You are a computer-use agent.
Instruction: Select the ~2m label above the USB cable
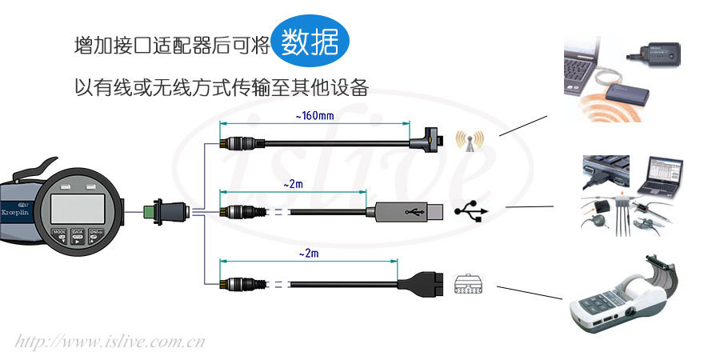[293, 184]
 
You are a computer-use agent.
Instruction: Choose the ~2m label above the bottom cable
[308, 254]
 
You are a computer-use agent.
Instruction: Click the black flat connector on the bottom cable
[415, 284]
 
